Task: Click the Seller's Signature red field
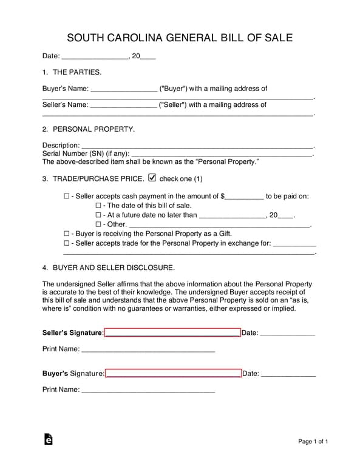tap(172, 332)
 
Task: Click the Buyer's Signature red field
tap(173, 373)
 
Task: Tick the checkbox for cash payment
tap(67, 197)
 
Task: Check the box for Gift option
tap(67, 234)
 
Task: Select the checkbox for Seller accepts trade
tap(67, 243)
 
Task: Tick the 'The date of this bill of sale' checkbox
tap(98, 206)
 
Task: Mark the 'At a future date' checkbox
tap(98, 215)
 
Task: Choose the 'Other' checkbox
tap(98, 225)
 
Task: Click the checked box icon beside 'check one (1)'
tap(152, 178)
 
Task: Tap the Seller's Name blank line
tap(123, 105)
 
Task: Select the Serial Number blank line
tap(221, 154)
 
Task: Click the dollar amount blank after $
tap(245, 197)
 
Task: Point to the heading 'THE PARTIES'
tap(77, 72)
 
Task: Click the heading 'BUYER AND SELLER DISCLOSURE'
tap(114, 268)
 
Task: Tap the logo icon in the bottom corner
tap(48, 440)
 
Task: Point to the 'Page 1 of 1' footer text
tap(313, 441)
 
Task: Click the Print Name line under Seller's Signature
tap(148, 349)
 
